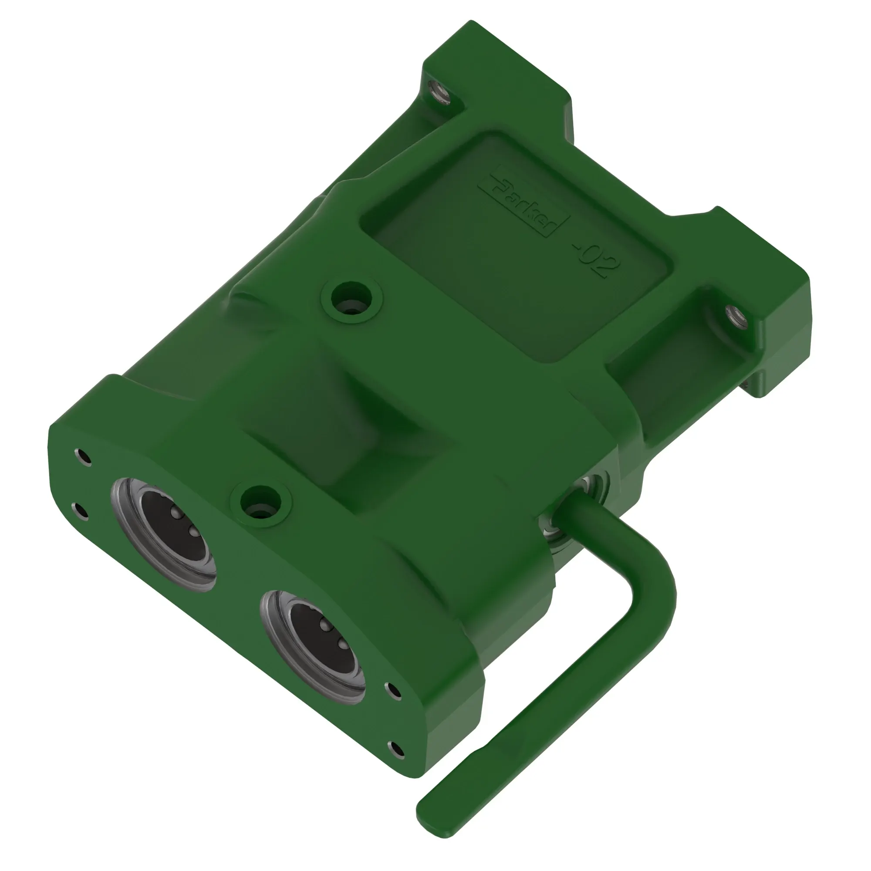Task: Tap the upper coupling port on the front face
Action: [164, 534]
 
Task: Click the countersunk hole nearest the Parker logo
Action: [351, 297]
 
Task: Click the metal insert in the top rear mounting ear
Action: [438, 93]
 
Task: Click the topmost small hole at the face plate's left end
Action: [83, 456]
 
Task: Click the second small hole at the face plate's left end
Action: [81, 511]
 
